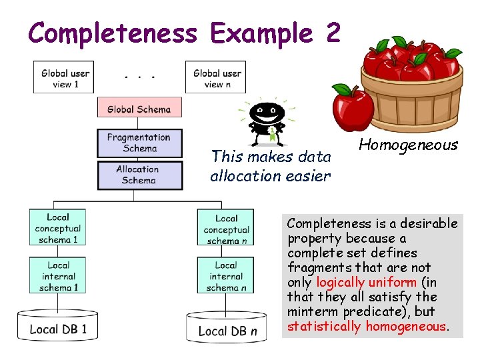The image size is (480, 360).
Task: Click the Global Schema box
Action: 139,109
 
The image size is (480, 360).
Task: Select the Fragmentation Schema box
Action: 139,143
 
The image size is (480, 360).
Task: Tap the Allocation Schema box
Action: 139,175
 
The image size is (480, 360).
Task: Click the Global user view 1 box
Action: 63,77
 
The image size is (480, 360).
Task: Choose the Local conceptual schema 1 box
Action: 58,228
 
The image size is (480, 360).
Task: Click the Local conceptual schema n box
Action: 226,229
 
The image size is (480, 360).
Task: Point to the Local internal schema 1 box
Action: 58,276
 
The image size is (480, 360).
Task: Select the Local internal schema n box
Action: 226,276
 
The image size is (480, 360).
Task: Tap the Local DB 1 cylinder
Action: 58,328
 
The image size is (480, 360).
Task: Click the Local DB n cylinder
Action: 226,329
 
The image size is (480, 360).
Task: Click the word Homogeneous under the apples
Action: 408,145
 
